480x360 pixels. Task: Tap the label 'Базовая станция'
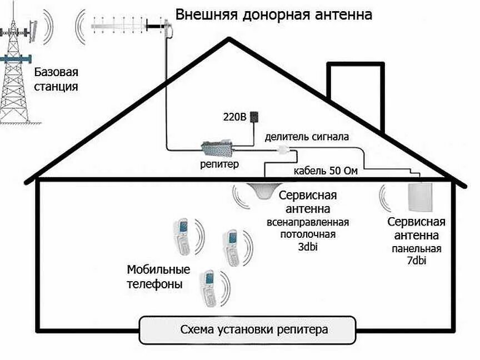click(56, 79)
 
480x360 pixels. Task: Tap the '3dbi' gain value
click(309, 246)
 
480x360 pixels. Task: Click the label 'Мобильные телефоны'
click(158, 277)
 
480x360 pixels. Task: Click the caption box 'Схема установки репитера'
click(247, 329)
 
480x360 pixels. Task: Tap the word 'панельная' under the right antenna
click(417, 248)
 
